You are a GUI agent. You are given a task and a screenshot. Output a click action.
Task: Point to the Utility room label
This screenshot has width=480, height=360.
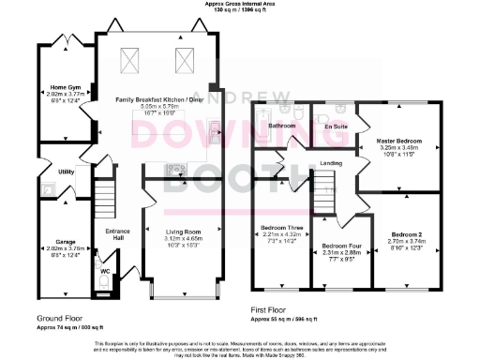pyautogui.click(x=66, y=172)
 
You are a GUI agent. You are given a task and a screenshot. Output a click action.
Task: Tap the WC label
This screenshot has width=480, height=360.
pyautogui.click(x=105, y=271)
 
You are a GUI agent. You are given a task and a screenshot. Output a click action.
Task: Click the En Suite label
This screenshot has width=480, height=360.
pyautogui.click(x=335, y=126)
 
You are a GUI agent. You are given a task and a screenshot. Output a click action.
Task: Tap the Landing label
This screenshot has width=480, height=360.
pyautogui.click(x=331, y=164)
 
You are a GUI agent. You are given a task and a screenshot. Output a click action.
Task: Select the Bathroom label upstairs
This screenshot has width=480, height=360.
pyautogui.click(x=281, y=125)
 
